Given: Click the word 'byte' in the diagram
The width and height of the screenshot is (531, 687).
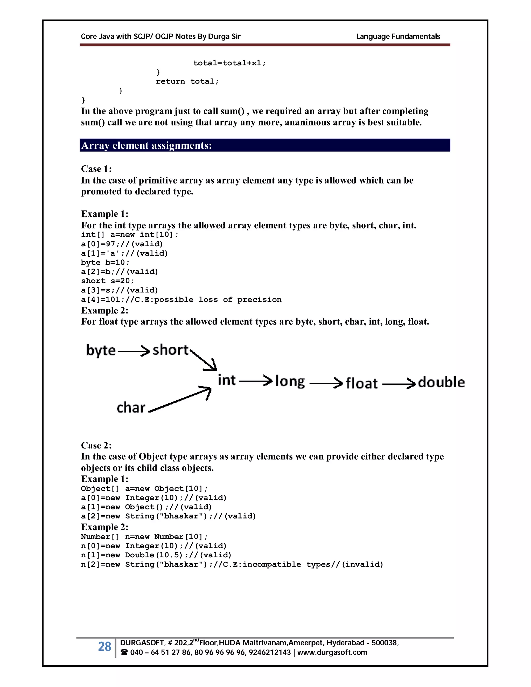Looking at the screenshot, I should pyautogui.click(x=101, y=350).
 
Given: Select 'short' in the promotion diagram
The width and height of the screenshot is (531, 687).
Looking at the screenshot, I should pyautogui.click(x=170, y=349).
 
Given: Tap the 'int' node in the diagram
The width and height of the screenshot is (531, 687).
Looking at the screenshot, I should pyautogui.click(x=227, y=380).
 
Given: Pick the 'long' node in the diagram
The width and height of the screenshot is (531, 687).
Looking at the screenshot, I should pyautogui.click(x=290, y=382).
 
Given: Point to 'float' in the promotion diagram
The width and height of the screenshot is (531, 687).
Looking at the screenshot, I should pyautogui.click(x=361, y=383).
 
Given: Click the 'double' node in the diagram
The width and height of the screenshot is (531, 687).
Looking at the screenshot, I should pyautogui.click(x=441, y=382).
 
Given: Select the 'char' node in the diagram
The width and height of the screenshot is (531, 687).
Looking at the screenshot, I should pyautogui.click(x=131, y=408).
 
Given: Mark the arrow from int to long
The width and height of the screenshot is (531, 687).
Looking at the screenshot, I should pyautogui.click(x=255, y=381).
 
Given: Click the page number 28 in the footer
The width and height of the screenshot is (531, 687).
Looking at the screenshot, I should pyautogui.click(x=104, y=646).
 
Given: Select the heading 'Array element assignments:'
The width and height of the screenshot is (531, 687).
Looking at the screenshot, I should pyautogui.click(x=146, y=145).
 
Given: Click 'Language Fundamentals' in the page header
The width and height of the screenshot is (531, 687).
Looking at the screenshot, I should pyautogui.click(x=398, y=37).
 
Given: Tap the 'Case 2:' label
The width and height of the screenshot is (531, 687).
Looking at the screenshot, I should pyautogui.click(x=96, y=445).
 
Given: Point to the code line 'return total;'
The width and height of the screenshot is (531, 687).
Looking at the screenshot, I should pyautogui.click(x=187, y=81).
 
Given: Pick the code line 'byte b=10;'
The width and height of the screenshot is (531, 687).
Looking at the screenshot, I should pyautogui.click(x=105, y=262).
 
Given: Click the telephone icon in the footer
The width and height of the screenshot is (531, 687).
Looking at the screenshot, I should pyautogui.click(x=124, y=653).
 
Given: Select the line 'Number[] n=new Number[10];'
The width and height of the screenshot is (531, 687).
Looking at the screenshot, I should pyautogui.click(x=144, y=537).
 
